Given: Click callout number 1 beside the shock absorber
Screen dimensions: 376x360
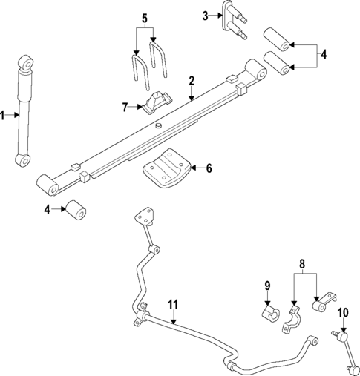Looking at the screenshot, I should coord(3,114).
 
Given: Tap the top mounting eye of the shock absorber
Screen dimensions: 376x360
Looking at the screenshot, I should coord(27,61).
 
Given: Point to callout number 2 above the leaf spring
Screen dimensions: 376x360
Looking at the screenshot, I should coord(191,80).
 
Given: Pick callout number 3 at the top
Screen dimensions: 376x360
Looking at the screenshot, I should coord(206,15).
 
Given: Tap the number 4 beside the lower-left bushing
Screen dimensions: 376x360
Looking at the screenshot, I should coord(48,210).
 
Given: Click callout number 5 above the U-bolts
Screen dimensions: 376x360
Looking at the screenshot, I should coord(145,17).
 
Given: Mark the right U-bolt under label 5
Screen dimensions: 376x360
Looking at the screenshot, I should coord(159,62).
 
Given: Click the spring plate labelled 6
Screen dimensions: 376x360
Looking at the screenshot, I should coord(167,170).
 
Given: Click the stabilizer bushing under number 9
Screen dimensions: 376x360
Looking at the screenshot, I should coord(269,312).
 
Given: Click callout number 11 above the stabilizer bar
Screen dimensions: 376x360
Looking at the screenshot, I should coord(172,304).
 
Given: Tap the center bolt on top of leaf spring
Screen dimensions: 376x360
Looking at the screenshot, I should coord(159,127).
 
